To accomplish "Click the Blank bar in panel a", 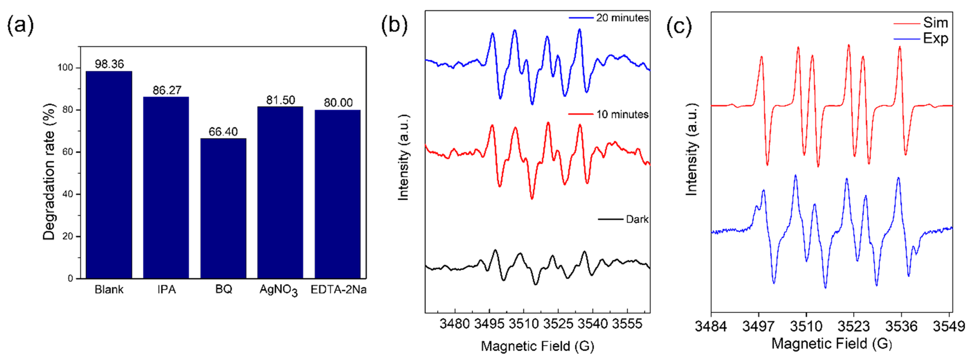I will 109,174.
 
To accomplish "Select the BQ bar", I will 223,208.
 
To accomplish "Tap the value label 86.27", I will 167,90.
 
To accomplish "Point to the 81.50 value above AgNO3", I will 280,100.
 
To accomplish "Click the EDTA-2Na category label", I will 338,290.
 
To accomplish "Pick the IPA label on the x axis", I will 167,290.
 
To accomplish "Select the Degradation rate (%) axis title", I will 49,171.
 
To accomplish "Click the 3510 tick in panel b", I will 524,324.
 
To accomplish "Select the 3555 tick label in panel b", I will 627,324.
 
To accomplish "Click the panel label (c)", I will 679,26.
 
